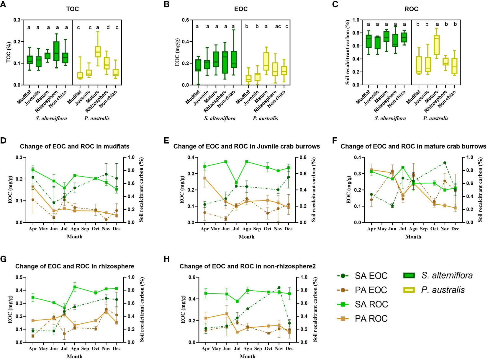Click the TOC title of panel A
72,9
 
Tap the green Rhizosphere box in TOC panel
56,51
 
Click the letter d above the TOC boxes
108,27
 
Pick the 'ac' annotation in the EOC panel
278,27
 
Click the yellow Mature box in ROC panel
436,45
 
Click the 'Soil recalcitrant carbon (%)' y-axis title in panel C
347,52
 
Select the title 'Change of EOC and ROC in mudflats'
74,146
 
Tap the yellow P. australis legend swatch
409,290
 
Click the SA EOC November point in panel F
445,163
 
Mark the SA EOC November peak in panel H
279,287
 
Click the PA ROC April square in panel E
205,178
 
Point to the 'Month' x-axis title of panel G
75,356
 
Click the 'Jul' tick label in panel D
64,229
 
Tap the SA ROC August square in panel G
75,287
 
